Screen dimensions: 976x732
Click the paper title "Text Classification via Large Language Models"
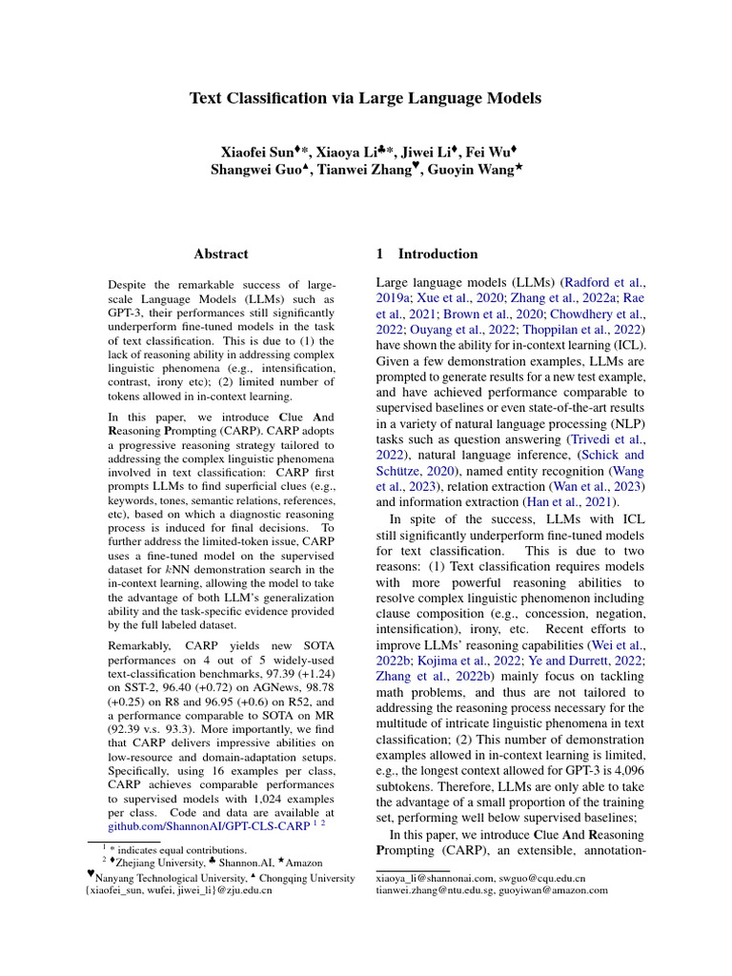pyautogui.click(x=365, y=98)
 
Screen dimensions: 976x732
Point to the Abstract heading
pyautogui.click(x=220, y=254)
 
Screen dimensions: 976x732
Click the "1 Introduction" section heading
pyautogui.click(x=427, y=254)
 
